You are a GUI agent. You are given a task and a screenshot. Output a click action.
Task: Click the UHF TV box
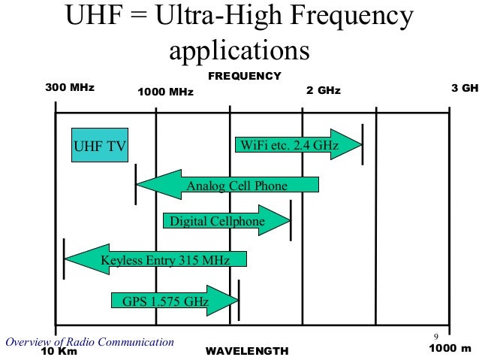99,145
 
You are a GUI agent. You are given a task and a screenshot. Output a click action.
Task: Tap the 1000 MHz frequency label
166,92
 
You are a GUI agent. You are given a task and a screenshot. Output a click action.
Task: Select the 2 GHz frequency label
323,91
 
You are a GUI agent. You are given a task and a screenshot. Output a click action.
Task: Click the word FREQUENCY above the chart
244,76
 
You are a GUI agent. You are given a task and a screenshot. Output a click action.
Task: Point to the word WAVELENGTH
246,351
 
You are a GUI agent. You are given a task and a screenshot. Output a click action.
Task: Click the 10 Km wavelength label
59,351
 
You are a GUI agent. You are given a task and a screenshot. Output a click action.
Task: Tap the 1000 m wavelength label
450,349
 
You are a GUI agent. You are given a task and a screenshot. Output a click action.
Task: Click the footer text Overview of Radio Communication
89,342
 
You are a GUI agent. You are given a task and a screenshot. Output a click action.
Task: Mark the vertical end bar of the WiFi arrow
362,144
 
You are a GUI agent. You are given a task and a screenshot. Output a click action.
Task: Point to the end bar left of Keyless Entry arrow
64,259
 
